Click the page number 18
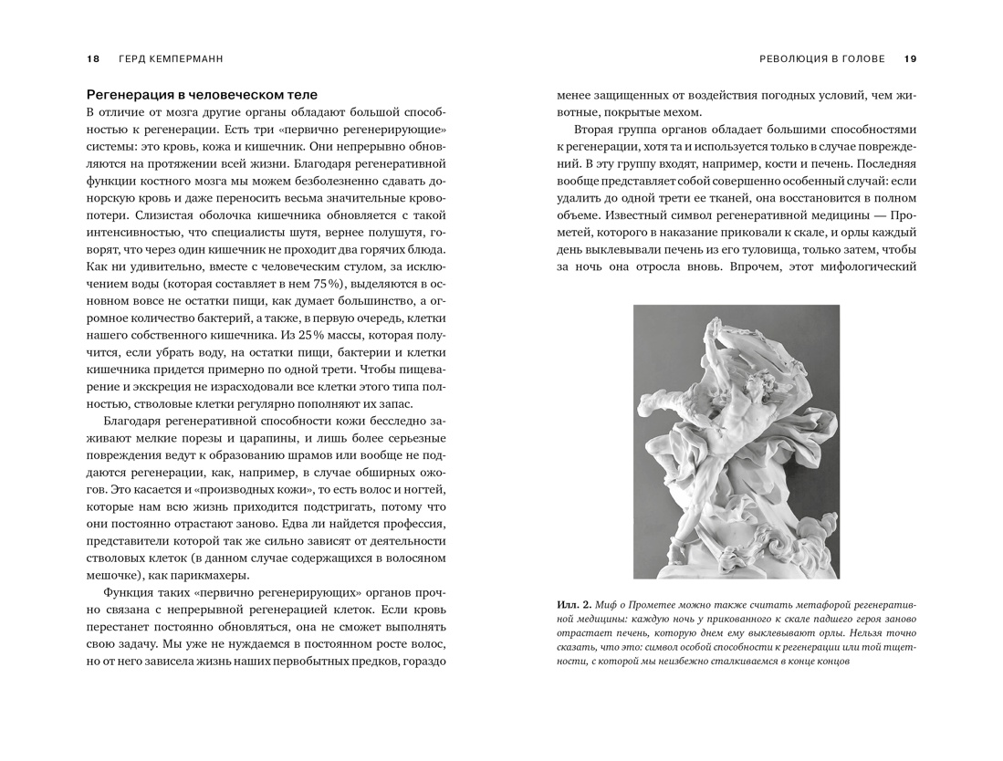pyautogui.click(x=92, y=59)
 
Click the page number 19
pyautogui.click(x=910, y=59)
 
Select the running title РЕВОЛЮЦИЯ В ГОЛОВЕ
pyautogui.click(x=822, y=59)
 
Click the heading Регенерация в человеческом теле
pyautogui.click(x=202, y=94)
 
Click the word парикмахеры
pyautogui.click(x=208, y=575)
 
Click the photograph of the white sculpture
pyautogui.click(x=736, y=442)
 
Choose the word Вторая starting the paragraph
pyautogui.click(x=599, y=130)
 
